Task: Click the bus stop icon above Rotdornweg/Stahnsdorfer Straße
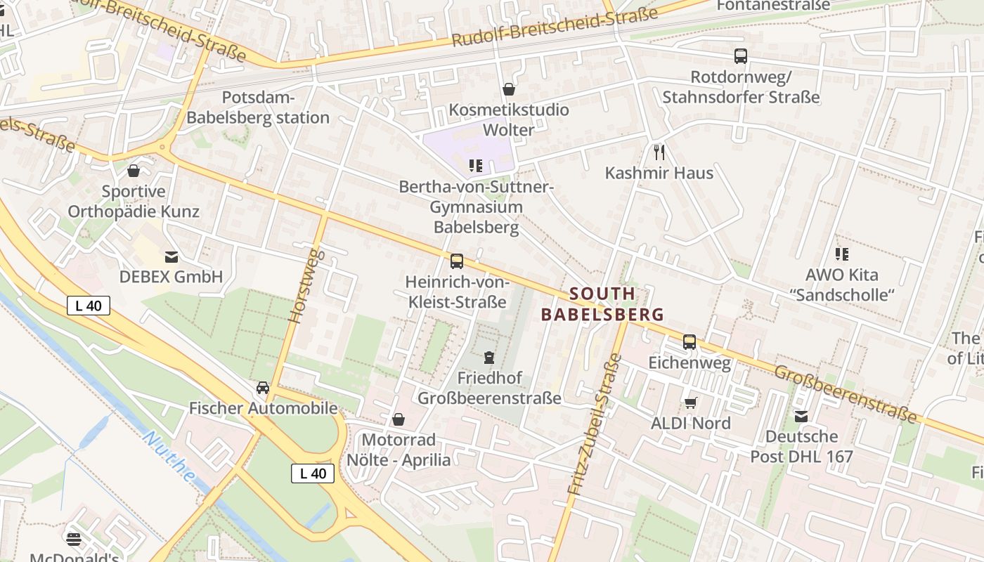click(x=740, y=56)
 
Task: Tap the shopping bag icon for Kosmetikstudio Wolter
click(x=509, y=89)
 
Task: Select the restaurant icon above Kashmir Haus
click(x=659, y=152)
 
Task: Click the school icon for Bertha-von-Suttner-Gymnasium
click(x=476, y=166)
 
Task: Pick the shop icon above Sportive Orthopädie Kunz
click(x=134, y=171)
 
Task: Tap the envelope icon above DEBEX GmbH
click(x=171, y=256)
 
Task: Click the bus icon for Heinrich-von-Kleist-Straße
click(x=457, y=261)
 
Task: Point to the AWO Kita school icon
click(x=841, y=254)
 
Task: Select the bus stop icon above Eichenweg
click(x=690, y=342)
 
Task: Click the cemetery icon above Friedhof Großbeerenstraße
click(x=489, y=358)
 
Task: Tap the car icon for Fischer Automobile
click(x=263, y=388)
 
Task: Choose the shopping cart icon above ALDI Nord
click(x=690, y=403)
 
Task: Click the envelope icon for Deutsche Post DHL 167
click(x=801, y=416)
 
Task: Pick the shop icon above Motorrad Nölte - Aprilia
click(x=399, y=419)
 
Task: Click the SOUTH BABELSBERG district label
click(x=602, y=303)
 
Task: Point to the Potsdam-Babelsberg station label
click(x=258, y=107)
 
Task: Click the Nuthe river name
click(x=169, y=456)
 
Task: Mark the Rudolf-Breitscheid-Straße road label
click(x=555, y=27)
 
